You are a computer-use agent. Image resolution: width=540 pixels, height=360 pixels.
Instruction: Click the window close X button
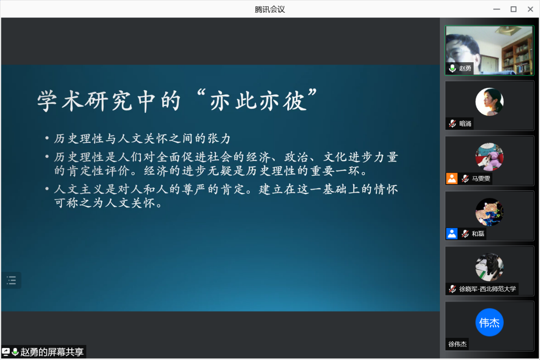pos(530,9)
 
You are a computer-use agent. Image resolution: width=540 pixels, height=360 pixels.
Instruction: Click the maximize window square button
pos(514,9)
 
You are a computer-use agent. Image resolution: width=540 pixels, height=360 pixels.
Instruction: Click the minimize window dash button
pos(497,9)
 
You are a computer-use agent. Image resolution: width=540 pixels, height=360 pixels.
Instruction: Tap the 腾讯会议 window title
pos(270,9)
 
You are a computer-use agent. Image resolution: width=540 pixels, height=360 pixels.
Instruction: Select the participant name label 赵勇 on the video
pos(465,69)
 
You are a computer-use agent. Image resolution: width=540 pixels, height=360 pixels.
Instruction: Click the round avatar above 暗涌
pos(489,102)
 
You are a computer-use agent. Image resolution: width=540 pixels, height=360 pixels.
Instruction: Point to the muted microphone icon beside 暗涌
pos(453,124)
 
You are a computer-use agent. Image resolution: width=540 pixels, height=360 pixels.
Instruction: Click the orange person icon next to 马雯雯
pos(452,179)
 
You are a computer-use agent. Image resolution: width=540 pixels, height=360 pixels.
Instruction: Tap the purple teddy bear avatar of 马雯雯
pos(489,157)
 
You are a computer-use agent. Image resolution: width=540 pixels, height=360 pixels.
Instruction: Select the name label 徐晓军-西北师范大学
pos(488,289)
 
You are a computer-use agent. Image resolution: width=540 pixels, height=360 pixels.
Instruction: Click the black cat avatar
pos(489,267)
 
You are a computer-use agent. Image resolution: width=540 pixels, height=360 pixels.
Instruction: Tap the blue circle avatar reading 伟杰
pos(489,322)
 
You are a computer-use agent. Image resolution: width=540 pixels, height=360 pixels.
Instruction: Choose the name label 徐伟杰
pos(457,344)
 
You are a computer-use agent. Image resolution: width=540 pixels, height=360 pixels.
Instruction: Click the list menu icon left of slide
pos(12,280)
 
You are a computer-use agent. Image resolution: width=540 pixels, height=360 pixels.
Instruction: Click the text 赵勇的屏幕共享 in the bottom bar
pos(52,352)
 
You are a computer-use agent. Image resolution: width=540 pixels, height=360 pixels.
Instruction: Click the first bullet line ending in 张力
pos(142,139)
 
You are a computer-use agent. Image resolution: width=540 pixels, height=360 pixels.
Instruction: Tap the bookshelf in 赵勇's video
pos(517,57)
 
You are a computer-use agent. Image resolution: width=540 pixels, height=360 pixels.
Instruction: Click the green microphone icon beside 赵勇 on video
pos(453,69)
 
